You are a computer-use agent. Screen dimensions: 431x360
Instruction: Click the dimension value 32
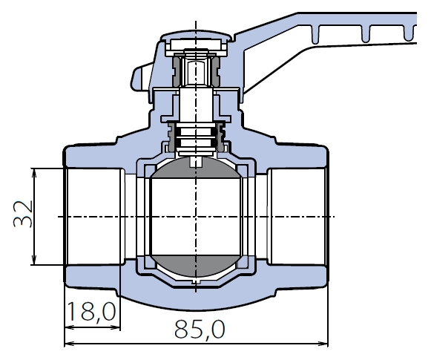click(x=23, y=214)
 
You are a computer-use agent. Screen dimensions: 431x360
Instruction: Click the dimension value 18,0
click(x=91, y=311)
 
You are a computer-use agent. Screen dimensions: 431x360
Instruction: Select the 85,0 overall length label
click(x=200, y=329)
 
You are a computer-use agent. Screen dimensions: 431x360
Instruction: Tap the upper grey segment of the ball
click(x=196, y=168)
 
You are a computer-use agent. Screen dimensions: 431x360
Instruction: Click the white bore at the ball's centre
click(x=196, y=217)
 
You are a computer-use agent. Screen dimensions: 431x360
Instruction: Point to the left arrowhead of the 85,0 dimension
click(x=69, y=344)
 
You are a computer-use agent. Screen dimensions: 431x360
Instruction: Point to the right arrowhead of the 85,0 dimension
click(x=323, y=344)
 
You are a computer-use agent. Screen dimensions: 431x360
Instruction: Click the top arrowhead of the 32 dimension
click(x=34, y=173)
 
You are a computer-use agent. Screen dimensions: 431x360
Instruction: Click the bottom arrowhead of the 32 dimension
click(x=34, y=261)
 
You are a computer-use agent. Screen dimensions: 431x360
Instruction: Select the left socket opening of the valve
click(x=93, y=217)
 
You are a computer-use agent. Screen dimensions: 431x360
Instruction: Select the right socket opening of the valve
click(x=297, y=217)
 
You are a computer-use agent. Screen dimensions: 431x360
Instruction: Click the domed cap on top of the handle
click(x=196, y=37)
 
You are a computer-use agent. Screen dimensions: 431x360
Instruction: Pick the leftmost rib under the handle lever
click(x=315, y=34)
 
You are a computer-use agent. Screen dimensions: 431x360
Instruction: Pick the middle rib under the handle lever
click(x=365, y=33)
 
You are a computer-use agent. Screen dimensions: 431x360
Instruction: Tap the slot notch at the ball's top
click(x=196, y=162)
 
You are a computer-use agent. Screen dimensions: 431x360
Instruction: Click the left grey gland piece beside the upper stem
click(x=177, y=70)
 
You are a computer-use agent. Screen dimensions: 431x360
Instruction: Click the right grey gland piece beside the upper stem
click(x=215, y=70)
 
